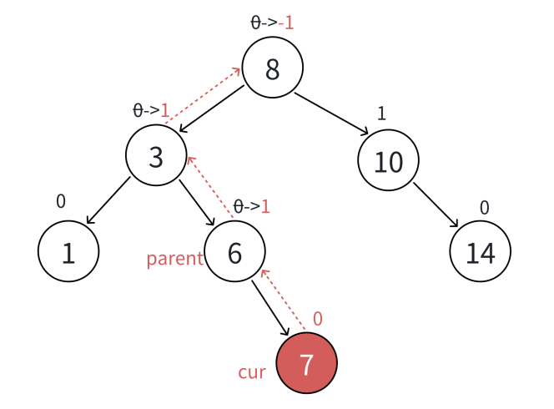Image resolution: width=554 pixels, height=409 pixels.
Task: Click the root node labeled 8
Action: click(x=273, y=68)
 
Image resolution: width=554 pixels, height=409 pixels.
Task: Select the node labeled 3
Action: click(x=156, y=156)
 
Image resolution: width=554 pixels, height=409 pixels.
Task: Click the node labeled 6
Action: click(x=234, y=251)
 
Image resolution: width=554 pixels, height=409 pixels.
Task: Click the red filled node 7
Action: click(x=306, y=364)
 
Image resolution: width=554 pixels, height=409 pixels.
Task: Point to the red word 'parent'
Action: click(x=174, y=259)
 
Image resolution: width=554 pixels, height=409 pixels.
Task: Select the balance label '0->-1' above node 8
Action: click(x=273, y=23)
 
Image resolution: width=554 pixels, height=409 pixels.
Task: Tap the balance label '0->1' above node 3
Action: click(x=152, y=110)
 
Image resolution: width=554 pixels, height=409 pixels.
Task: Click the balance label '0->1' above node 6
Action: click(x=252, y=206)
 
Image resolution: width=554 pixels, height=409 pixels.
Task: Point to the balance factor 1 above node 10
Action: click(x=381, y=114)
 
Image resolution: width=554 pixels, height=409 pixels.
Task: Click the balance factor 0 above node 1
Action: click(x=60, y=201)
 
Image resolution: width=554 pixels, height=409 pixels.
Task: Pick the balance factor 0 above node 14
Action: click(x=485, y=207)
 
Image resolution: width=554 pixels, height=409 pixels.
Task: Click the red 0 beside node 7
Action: click(x=317, y=319)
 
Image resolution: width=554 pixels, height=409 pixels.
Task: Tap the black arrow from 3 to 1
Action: click(x=108, y=200)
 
